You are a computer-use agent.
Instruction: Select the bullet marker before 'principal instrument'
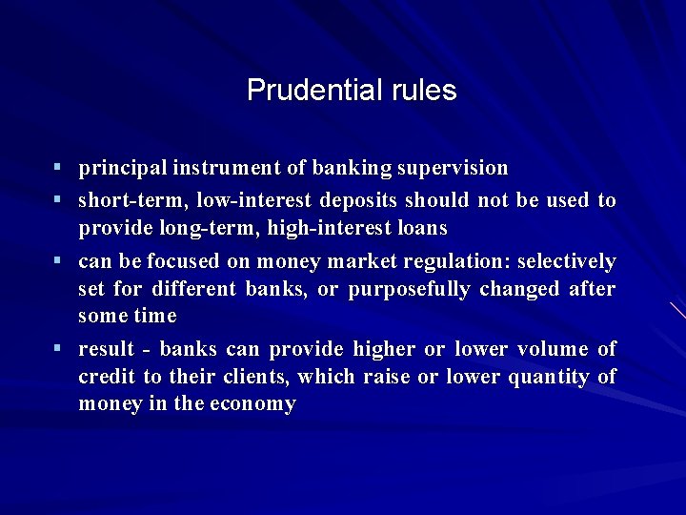[x=58, y=168]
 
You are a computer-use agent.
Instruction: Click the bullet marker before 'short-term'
[x=58, y=200]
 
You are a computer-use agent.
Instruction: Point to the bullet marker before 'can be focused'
[x=58, y=260]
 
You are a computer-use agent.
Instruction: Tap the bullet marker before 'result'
[x=58, y=348]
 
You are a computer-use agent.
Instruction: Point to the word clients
[x=255, y=377]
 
